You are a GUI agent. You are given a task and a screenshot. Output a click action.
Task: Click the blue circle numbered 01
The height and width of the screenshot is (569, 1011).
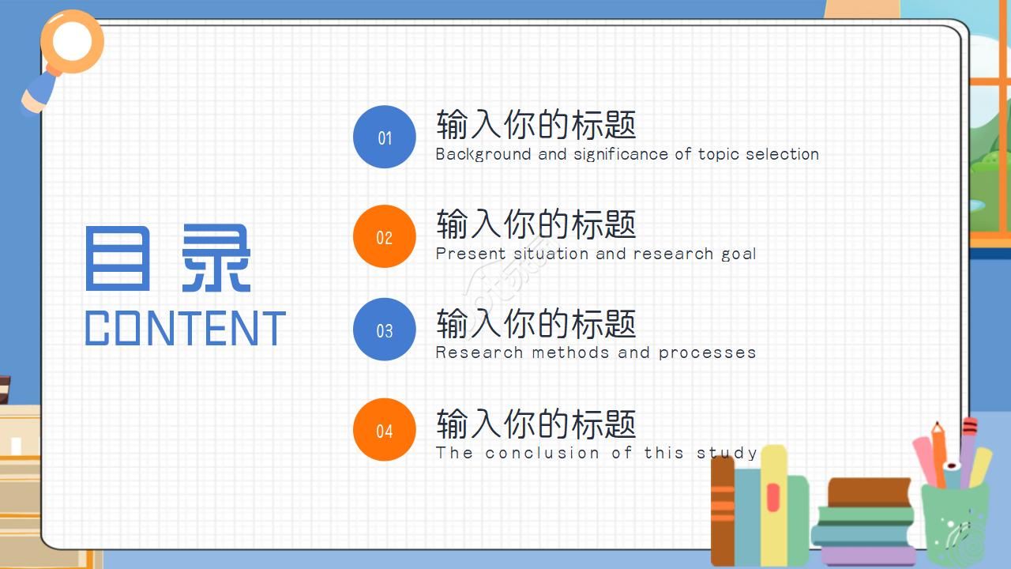[x=385, y=137]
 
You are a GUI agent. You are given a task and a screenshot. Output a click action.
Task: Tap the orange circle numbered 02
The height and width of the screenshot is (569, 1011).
[x=385, y=236]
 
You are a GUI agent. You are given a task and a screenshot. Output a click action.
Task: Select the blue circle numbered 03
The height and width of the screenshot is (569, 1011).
[x=385, y=330]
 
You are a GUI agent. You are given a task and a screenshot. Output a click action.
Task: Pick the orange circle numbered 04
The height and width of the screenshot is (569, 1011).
[x=385, y=430]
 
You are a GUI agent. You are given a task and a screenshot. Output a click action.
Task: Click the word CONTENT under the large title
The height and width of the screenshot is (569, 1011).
[x=185, y=329]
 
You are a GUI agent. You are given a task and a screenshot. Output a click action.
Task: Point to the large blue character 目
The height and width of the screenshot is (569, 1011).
[x=116, y=258]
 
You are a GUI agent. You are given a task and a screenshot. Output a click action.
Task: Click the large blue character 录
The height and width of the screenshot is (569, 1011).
[x=216, y=258]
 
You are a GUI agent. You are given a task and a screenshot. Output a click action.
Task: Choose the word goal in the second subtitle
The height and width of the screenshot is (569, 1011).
[x=739, y=254]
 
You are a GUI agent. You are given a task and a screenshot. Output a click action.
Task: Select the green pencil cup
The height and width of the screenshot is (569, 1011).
[x=954, y=522]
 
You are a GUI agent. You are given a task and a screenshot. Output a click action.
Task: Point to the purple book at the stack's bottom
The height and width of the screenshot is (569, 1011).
[x=868, y=554]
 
